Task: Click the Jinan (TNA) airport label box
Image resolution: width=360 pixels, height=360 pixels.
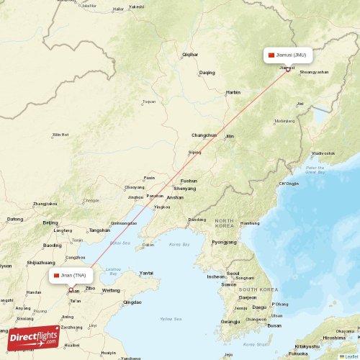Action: pyautogui.click(x=71, y=275)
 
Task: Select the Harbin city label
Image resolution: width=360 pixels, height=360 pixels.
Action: pyautogui.click(x=233, y=93)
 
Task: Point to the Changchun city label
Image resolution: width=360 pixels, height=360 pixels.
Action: pyautogui.click(x=204, y=135)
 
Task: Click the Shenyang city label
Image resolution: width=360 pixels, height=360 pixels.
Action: pyautogui.click(x=185, y=189)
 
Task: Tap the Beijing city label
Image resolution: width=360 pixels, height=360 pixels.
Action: pyautogui.click(x=50, y=223)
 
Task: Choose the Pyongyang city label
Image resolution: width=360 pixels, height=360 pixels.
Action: pyautogui.click(x=223, y=242)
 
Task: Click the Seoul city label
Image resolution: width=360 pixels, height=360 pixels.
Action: pyautogui.click(x=233, y=274)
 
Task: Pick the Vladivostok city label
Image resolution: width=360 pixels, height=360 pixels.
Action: pyautogui.click(x=323, y=153)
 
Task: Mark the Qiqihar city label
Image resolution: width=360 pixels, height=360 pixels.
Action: pyautogui.click(x=190, y=55)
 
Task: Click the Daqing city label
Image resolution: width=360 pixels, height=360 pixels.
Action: pyautogui.click(x=207, y=73)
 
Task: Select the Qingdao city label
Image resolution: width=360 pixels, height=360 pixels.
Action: pyautogui.click(x=132, y=303)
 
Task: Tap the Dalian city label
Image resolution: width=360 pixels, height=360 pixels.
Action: pyautogui.click(x=149, y=246)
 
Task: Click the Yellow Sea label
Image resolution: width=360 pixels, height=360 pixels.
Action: pyautogui.click(x=171, y=317)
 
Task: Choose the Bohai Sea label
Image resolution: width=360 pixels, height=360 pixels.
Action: pyautogui.click(x=120, y=243)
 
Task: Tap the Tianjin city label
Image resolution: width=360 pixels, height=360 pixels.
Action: pyautogui.click(x=77, y=240)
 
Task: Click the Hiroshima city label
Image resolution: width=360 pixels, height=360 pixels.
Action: pyautogui.click(x=333, y=337)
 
